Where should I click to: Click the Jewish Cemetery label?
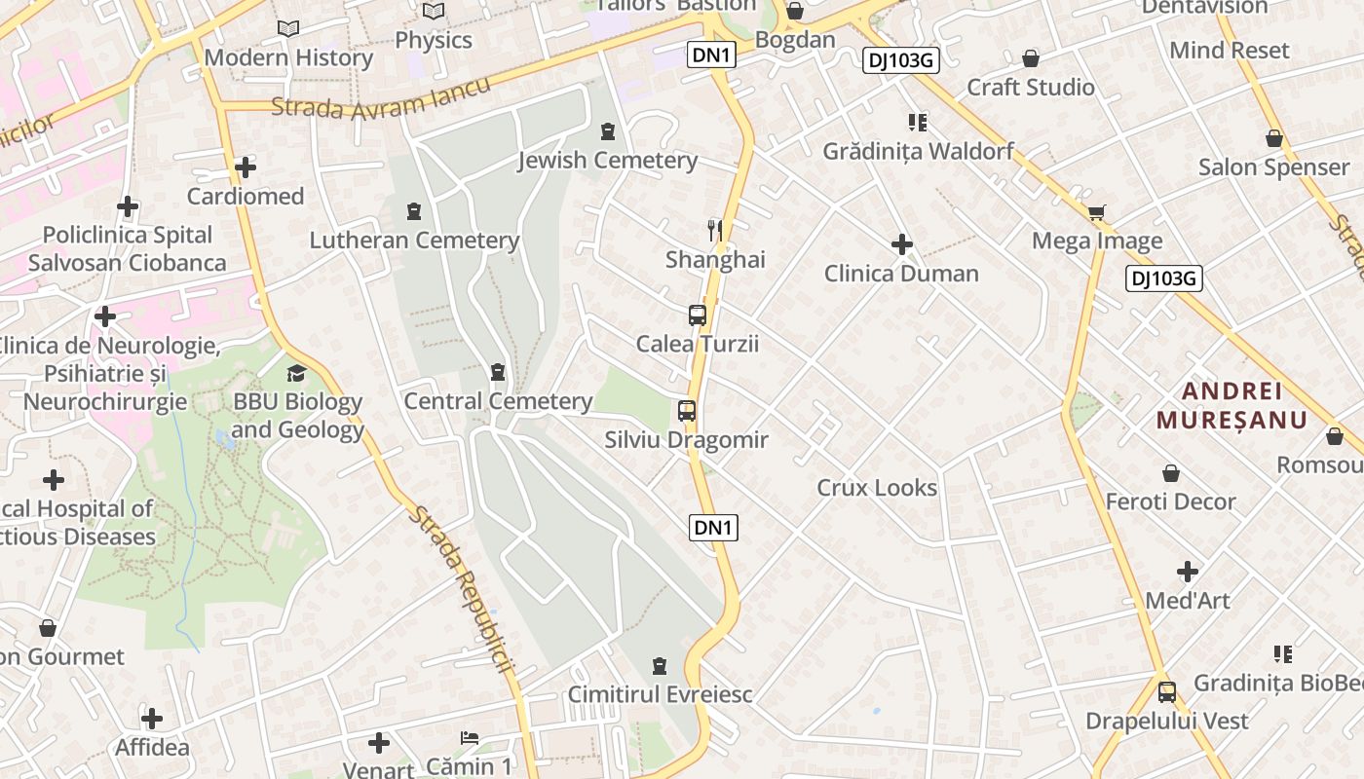point(607,161)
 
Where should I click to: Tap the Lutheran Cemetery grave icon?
point(414,210)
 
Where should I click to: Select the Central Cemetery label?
point(498,401)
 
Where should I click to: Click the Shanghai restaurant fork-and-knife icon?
point(715,230)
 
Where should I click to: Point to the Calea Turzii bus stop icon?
point(697,315)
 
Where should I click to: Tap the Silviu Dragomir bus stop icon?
point(687,411)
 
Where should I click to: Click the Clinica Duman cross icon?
point(902,243)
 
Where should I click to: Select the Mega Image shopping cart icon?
point(1097,211)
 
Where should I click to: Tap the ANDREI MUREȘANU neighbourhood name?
point(1231,405)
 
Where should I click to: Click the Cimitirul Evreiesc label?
point(661,694)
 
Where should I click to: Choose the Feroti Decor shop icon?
point(1171,473)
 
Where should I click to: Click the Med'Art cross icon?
point(1188,572)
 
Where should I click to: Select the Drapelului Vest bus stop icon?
point(1166,692)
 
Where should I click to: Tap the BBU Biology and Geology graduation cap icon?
point(296,373)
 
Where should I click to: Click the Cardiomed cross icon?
point(246,167)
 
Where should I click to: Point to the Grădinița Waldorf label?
point(918,152)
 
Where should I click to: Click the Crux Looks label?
point(877,488)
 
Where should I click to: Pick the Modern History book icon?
point(288,29)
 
